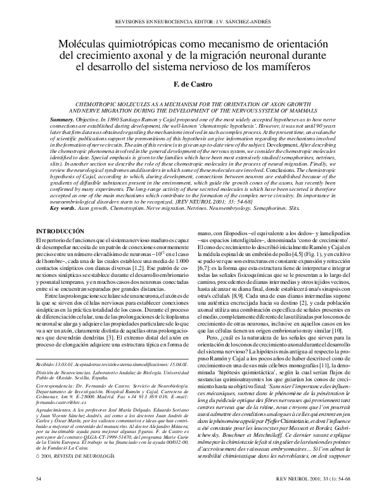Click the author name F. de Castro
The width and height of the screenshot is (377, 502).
(x=188, y=83)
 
